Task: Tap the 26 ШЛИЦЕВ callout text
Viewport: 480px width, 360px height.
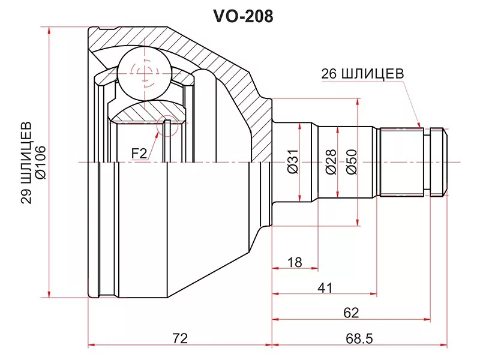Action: [362, 73]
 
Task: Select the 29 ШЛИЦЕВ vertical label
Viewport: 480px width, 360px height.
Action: [26, 163]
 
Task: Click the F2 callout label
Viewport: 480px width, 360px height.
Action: [139, 154]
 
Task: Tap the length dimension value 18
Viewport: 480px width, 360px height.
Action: [294, 262]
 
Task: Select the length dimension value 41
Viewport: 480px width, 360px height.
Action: [325, 288]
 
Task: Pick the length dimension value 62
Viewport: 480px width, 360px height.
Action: [352, 312]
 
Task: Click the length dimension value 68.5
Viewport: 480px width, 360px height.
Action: [359, 338]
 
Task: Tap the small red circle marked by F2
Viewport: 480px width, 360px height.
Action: [167, 126]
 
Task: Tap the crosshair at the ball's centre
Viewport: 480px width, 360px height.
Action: [144, 73]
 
